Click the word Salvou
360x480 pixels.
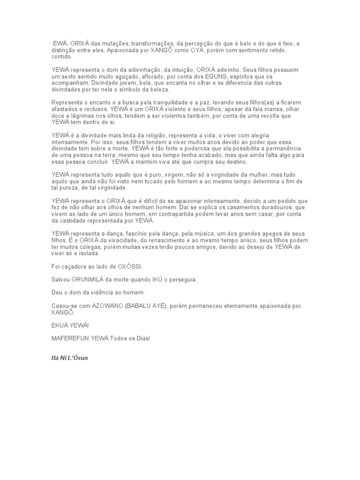tap(60, 279)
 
